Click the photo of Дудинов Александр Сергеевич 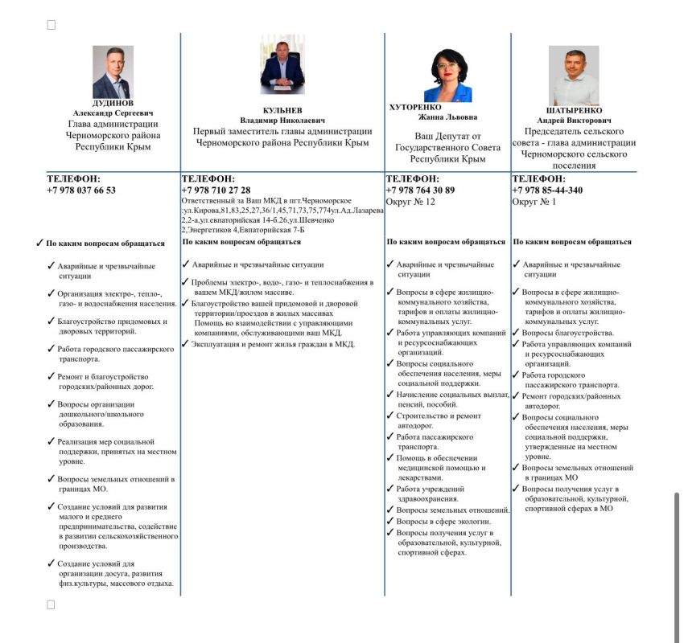coord(113,72)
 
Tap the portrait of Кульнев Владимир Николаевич coord(282,64)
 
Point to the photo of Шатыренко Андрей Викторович coord(574,76)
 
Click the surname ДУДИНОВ coord(113,104)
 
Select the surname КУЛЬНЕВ coord(282,110)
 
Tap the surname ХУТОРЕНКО coord(415,106)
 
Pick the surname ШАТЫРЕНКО coord(574,111)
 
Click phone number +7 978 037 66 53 coord(81,190)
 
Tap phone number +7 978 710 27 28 coord(216,190)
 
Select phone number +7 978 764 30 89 coord(420,190)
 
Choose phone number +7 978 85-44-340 coord(547,190)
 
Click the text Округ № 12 coord(410,202)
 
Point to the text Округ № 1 coord(534,202)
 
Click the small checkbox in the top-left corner coord(52,25)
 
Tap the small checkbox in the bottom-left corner coord(52,604)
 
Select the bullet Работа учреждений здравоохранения coord(435,494)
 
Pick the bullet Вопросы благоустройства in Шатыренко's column coord(567,333)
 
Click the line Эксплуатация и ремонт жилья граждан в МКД coord(273,344)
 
